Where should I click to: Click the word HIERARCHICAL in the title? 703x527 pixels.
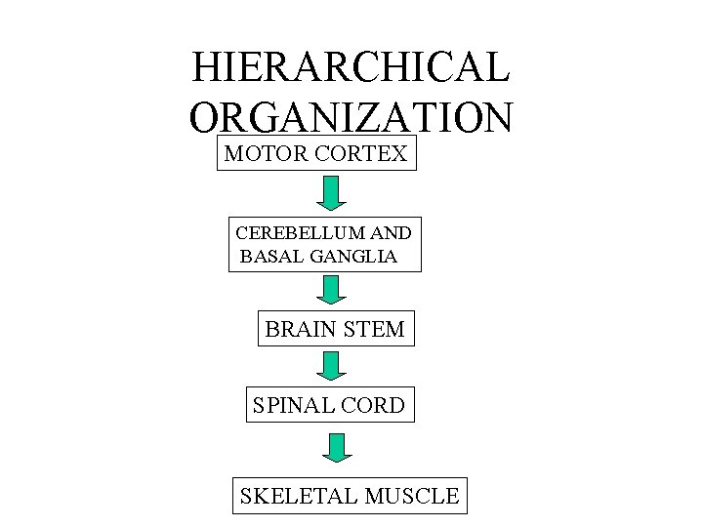(351, 67)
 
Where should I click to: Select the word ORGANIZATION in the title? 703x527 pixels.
(351, 117)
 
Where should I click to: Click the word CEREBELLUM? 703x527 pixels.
(297, 233)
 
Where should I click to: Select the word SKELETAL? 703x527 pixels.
(296, 496)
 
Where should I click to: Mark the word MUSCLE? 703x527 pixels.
(411, 496)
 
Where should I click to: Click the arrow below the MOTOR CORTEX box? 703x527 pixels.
(331, 192)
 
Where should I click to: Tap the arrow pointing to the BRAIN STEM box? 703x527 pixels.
(331, 290)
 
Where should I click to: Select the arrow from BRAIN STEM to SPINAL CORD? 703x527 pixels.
(331, 366)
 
